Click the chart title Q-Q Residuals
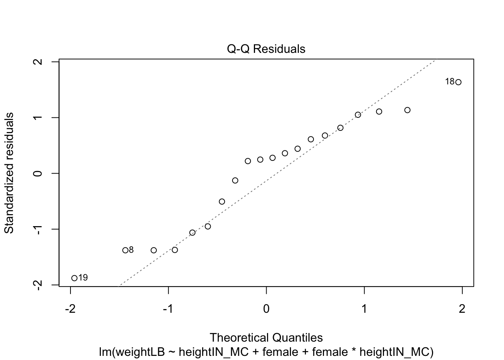(x=266, y=49)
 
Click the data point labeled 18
(x=458, y=82)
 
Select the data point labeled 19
(x=74, y=278)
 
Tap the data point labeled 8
(x=125, y=250)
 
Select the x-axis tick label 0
(x=266, y=309)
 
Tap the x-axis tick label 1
(x=364, y=309)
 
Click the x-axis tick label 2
(x=462, y=309)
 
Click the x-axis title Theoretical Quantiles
(x=266, y=338)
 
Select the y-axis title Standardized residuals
(x=9, y=173)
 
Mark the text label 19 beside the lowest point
(x=83, y=278)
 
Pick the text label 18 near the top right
(x=450, y=82)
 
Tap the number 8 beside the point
(x=131, y=250)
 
